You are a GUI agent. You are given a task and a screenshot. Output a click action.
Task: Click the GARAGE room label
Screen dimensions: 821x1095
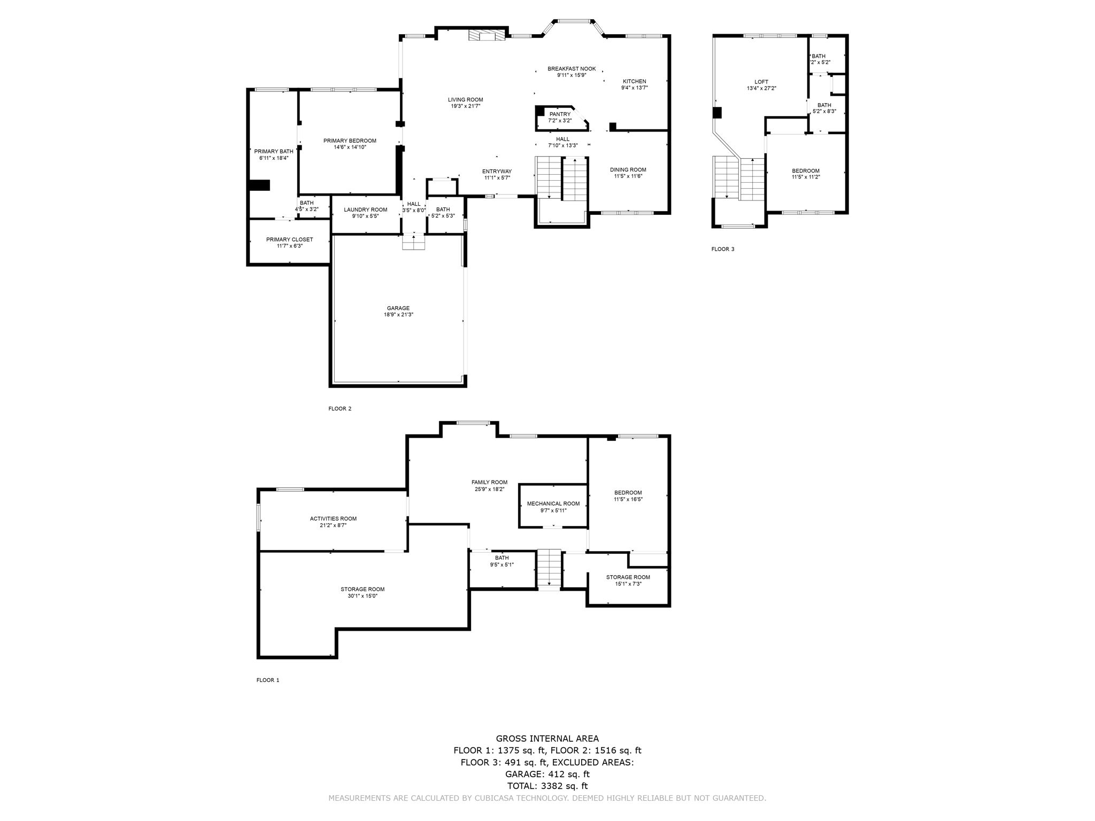click(398, 308)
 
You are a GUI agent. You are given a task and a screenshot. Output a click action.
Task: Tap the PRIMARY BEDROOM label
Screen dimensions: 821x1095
click(350, 141)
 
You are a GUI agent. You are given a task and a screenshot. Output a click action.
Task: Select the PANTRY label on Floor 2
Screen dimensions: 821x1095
click(560, 114)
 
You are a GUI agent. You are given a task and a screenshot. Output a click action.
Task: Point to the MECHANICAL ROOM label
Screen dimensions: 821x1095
click(553, 504)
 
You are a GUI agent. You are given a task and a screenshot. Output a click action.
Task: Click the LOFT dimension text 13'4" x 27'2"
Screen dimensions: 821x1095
click(761, 89)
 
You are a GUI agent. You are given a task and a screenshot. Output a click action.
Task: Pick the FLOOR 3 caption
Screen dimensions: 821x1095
click(722, 249)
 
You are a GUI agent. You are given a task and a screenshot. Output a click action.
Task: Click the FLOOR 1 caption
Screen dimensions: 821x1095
click(268, 680)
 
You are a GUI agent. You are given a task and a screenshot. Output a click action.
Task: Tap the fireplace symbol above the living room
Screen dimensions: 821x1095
click(487, 35)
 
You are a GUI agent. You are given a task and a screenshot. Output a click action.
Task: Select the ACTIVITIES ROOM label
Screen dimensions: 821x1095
click(333, 518)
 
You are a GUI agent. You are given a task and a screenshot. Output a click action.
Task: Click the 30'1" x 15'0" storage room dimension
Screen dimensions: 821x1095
click(363, 596)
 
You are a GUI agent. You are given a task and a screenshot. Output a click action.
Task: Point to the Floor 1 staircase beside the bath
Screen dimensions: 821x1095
click(549, 569)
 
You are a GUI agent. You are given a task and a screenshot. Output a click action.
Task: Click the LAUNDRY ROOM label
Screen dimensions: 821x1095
click(366, 210)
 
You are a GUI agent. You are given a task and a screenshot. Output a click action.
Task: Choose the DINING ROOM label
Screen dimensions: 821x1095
click(628, 169)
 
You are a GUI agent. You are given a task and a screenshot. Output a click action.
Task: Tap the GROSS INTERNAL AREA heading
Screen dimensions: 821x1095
click(547, 739)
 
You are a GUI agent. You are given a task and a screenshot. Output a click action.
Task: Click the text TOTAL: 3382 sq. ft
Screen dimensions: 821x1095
click(547, 786)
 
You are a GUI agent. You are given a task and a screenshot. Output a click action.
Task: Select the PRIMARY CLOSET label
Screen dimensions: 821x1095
click(289, 239)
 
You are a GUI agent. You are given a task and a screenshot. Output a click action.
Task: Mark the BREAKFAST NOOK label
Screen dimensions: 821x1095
click(571, 68)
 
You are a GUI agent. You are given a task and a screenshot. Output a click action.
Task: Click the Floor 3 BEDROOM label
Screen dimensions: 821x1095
click(805, 171)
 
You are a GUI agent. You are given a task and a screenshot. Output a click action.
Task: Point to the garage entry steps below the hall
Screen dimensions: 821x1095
click(414, 243)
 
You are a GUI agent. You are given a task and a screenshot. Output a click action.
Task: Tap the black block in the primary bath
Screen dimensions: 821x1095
click(259, 185)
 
